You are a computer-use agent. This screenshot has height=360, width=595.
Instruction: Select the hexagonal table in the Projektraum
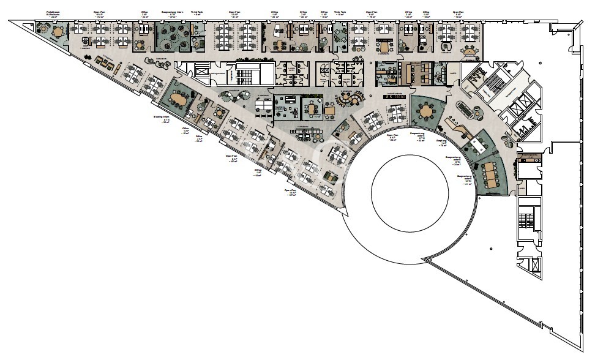tap(57, 31)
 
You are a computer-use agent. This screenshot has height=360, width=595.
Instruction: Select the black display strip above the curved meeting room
tap(395, 97)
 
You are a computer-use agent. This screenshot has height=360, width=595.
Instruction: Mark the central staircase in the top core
tap(248, 73)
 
